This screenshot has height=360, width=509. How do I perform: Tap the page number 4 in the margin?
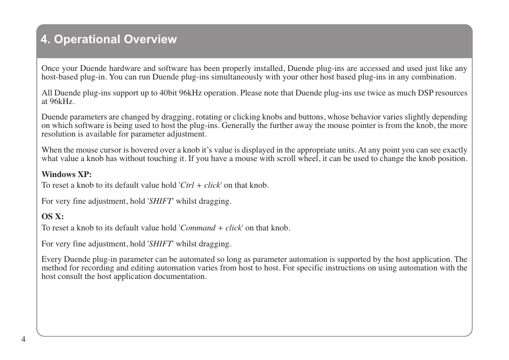(23, 340)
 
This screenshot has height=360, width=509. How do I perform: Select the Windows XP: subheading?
(67, 174)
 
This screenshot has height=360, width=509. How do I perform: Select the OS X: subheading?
(53, 217)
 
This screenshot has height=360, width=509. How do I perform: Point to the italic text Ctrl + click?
(201, 186)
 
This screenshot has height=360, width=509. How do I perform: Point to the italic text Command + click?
(211, 228)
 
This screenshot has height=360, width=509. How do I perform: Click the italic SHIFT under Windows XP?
(161, 201)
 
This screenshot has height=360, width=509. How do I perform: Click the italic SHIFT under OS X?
(161, 244)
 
